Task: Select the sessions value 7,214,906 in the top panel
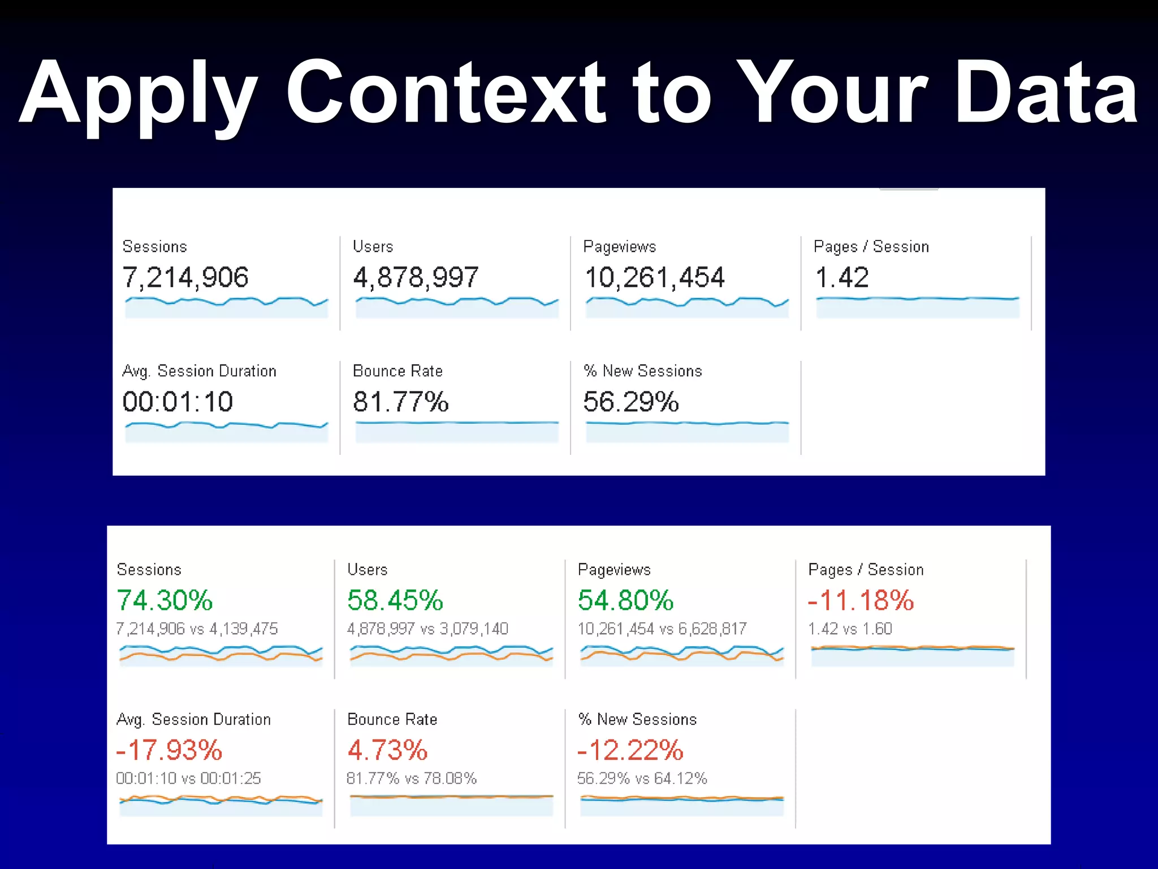click(185, 278)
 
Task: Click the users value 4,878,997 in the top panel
click(416, 278)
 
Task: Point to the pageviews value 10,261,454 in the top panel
click(654, 278)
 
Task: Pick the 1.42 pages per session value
click(841, 278)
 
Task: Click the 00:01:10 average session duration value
click(178, 402)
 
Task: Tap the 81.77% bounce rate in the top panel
click(400, 402)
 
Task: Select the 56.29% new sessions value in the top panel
click(630, 402)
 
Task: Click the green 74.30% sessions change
click(165, 600)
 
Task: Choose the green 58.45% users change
click(395, 600)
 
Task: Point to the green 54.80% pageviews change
click(625, 600)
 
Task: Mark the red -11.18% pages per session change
click(861, 600)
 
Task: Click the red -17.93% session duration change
click(169, 750)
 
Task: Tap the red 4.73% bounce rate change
click(387, 750)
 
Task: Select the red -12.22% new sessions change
click(630, 750)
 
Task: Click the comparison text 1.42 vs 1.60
click(850, 629)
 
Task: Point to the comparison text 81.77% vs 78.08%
click(412, 778)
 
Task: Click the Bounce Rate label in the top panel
click(397, 371)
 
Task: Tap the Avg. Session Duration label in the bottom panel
click(193, 720)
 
